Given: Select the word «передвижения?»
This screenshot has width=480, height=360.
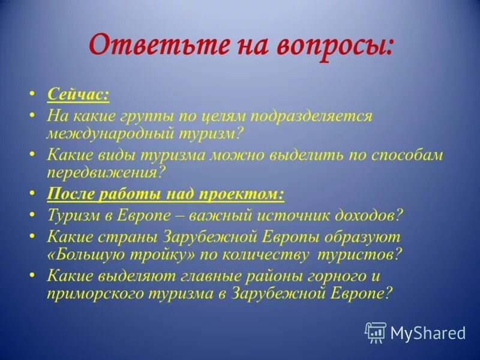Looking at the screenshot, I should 106,173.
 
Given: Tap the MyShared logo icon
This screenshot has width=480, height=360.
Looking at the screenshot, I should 376,332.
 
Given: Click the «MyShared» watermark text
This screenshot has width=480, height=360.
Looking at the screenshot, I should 428,332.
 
